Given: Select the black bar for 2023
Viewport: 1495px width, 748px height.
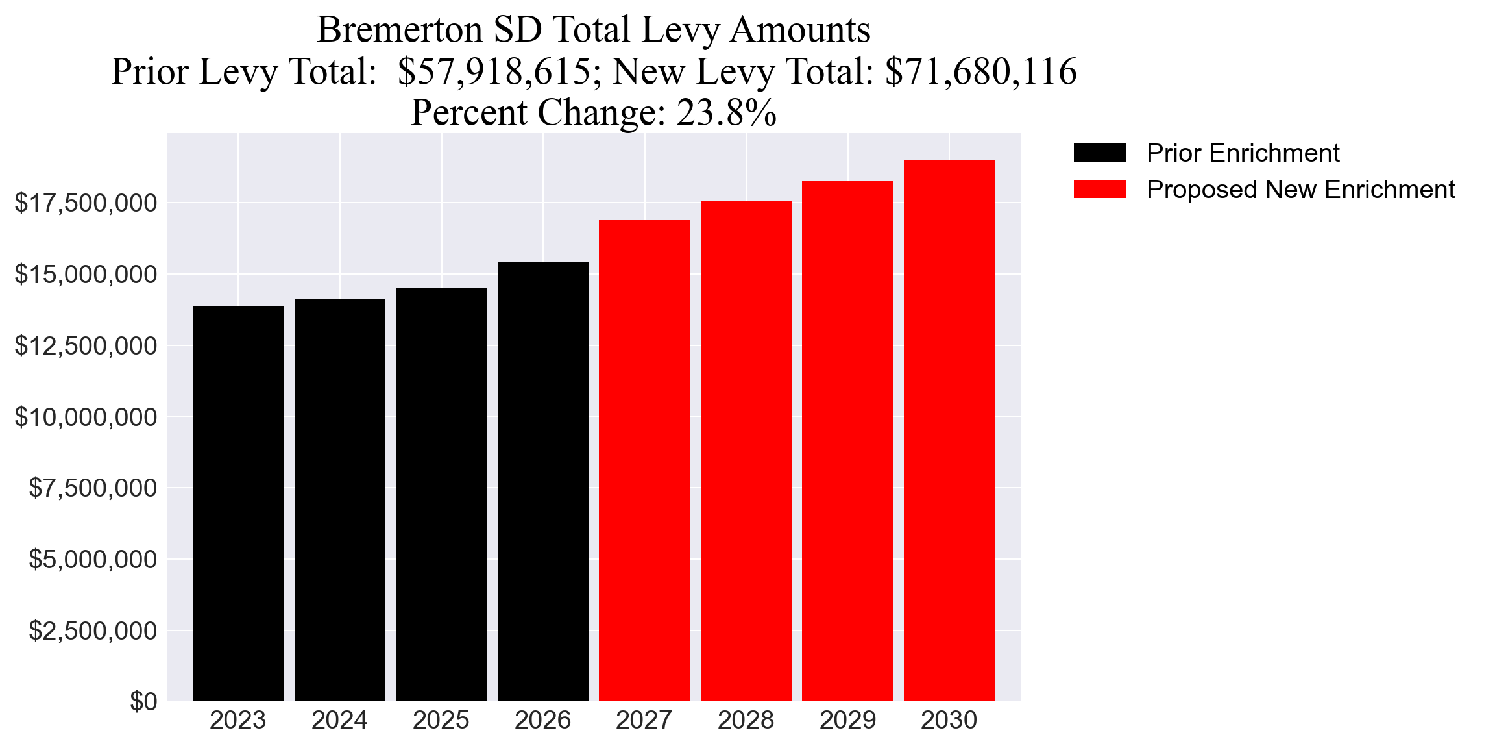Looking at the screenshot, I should coord(238,503).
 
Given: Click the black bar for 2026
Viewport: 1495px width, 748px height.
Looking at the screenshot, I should coord(543,481).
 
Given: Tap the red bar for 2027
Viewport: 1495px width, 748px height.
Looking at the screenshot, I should coord(644,460).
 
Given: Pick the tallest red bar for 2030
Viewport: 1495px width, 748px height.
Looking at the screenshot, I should coord(949,430).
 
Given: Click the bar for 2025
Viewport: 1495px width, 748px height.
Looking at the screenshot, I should coord(441,494).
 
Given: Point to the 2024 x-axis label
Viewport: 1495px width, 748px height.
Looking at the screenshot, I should coord(339,720).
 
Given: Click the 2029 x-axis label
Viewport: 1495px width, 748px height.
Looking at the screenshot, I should coord(847,720).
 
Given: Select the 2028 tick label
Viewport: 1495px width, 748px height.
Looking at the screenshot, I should coord(746,720).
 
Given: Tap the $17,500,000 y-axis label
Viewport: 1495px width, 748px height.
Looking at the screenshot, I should coord(86,203).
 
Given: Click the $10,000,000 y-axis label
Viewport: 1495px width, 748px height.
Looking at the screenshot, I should coord(86,417).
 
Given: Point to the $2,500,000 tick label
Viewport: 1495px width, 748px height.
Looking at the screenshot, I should coord(93,630).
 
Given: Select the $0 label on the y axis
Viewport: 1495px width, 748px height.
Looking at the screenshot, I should coord(143,701).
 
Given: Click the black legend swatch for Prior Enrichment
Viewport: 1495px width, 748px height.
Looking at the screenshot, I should coord(1099,153).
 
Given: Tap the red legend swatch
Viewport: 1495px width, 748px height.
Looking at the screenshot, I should coord(1099,190).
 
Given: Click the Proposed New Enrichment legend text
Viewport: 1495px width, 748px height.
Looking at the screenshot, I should coord(1300,190).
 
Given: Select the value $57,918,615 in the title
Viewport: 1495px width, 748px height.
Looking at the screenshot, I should coord(494,71).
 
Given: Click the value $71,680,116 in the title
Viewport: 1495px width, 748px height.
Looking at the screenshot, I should coord(980,71).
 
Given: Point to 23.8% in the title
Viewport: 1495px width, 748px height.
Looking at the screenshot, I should coord(726,113).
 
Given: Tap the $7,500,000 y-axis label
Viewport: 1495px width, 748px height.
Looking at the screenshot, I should coord(93,488).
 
